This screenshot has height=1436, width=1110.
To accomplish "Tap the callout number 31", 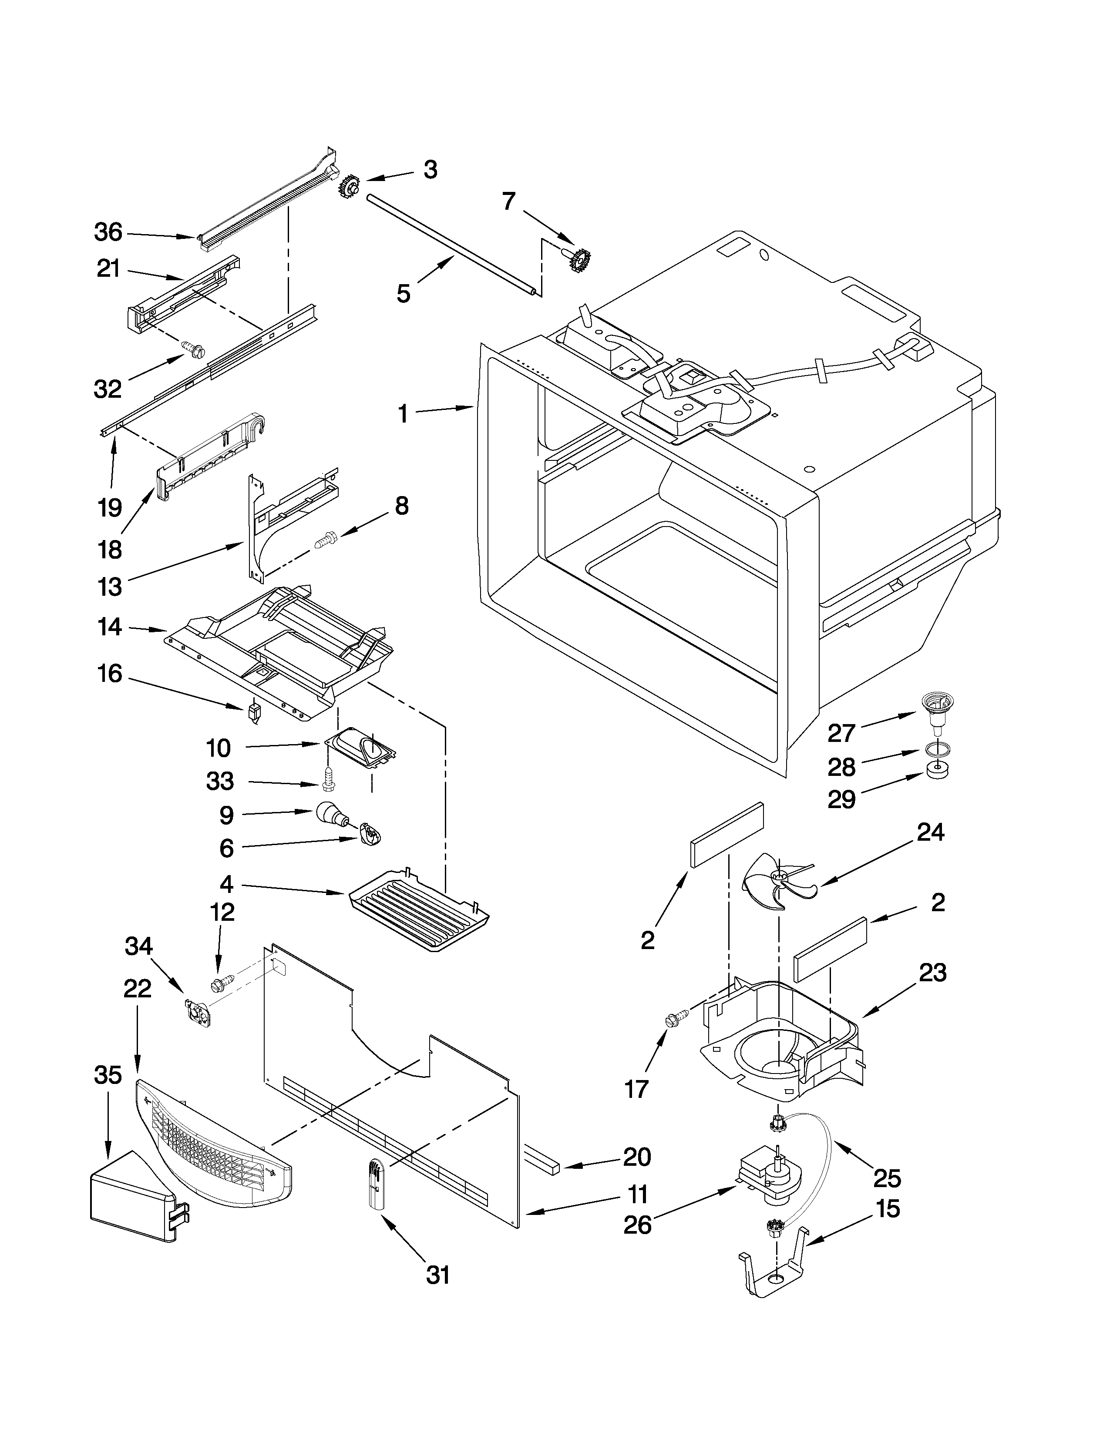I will tap(438, 1275).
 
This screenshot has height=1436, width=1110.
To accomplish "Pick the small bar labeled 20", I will tap(541, 1161).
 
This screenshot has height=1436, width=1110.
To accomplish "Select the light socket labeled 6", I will tap(370, 836).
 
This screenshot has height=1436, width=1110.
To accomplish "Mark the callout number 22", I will tap(137, 988).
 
